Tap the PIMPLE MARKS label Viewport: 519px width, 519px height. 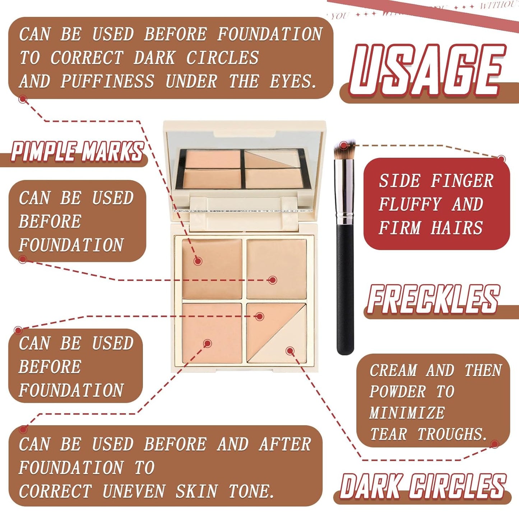coord(77,151)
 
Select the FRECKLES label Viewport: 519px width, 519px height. coord(433,299)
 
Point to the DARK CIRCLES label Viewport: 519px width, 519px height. coord(423,487)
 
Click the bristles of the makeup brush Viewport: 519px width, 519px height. coord(344,150)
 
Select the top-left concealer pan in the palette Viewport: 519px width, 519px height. coord(212,268)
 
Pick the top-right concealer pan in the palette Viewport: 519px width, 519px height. coord(277,268)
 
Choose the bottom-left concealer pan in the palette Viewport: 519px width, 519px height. coord(212,333)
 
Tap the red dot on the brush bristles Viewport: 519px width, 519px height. coord(344,145)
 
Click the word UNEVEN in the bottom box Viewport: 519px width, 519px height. coord(133,491)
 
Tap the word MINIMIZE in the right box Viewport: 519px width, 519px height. coord(407,413)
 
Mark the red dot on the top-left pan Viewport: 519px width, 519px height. coord(198,261)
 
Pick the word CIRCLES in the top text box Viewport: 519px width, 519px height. coord(222,58)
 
